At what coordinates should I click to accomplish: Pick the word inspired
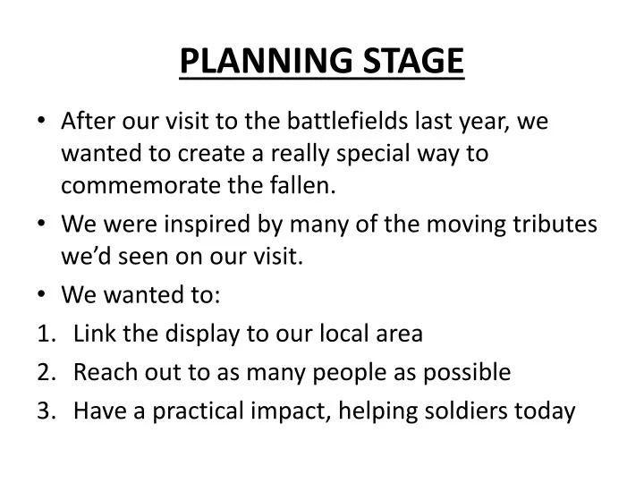(x=202, y=225)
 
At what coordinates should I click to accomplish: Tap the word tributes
(x=555, y=225)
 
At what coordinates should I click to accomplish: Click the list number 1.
(x=46, y=334)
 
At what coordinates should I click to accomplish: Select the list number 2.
(x=47, y=372)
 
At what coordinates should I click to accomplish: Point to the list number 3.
(x=47, y=411)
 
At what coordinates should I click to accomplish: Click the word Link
(x=93, y=334)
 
